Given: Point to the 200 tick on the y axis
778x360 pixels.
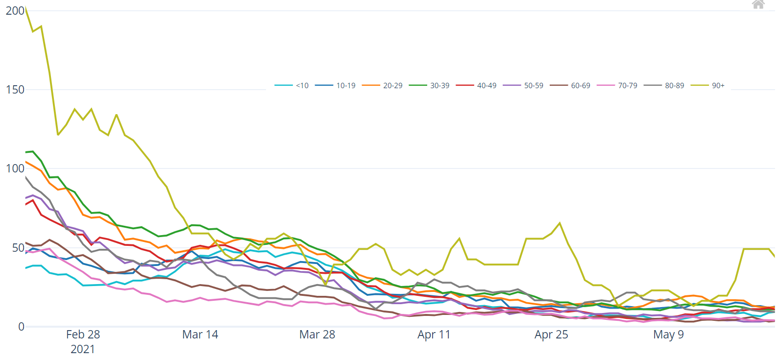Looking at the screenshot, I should [x=15, y=11].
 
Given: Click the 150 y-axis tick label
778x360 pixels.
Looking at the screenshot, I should [x=15, y=90].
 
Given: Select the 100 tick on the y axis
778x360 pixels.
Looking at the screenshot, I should [x=15, y=168].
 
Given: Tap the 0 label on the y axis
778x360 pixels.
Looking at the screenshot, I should [x=21, y=327].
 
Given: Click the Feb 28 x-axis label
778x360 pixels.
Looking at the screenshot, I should [x=83, y=335].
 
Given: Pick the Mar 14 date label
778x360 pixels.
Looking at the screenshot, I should [x=200, y=335].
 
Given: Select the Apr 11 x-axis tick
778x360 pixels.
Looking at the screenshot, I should [x=434, y=335].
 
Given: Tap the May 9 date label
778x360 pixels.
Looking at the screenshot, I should [x=668, y=335].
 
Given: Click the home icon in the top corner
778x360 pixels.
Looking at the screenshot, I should [x=758, y=4].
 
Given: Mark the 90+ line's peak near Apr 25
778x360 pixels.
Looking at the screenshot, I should [x=559, y=223].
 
